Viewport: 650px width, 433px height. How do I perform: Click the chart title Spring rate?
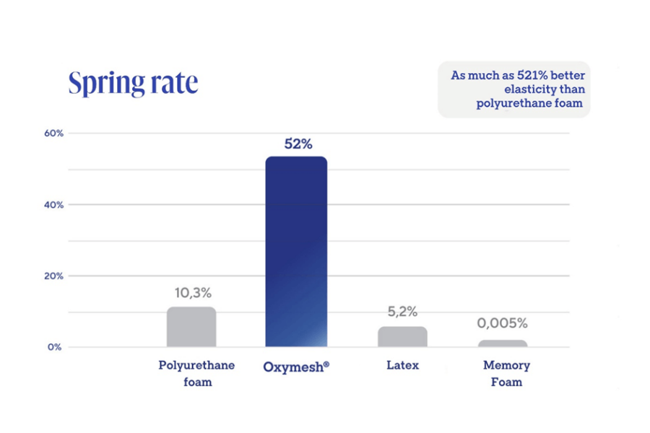click(x=133, y=83)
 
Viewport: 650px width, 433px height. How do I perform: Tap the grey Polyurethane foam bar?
click(x=191, y=327)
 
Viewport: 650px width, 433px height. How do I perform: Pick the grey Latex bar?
click(x=402, y=336)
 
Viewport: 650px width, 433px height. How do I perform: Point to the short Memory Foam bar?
click(x=503, y=343)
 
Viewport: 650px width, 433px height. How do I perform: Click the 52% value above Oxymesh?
click(x=298, y=144)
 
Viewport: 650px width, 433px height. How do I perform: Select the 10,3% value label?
click(x=193, y=293)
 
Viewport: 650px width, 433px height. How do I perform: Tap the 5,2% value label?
click(x=402, y=312)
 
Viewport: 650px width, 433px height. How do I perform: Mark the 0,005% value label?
click(x=502, y=323)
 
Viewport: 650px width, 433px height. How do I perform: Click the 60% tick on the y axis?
click(x=54, y=134)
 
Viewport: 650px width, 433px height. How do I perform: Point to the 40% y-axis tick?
click(x=54, y=205)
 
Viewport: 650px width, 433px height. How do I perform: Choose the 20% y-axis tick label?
click(x=54, y=276)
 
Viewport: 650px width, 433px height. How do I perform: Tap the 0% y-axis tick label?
click(x=56, y=347)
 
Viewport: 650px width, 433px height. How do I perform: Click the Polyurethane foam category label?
click(x=196, y=373)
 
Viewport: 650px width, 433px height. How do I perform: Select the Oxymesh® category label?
click(x=296, y=366)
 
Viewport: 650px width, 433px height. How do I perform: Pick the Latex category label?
click(x=402, y=365)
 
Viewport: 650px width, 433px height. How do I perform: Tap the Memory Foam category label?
click(x=506, y=373)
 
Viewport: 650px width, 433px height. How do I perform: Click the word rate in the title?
click(x=174, y=83)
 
